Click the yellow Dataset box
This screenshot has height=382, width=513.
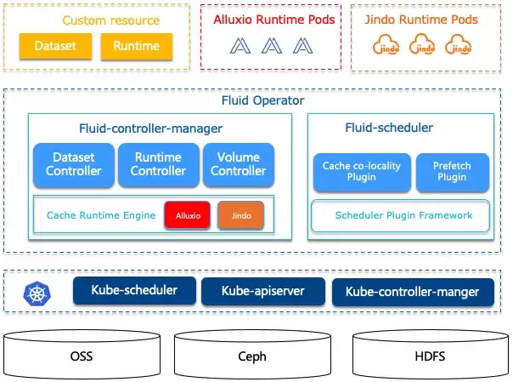(55, 46)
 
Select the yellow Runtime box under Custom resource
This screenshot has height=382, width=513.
(137, 46)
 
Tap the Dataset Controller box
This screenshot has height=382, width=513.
(74, 164)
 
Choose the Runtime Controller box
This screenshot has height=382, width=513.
(158, 164)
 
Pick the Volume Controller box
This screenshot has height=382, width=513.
(239, 164)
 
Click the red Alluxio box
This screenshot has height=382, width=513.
(188, 215)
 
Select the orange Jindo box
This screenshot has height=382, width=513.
(241, 215)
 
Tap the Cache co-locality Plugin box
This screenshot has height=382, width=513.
(362, 172)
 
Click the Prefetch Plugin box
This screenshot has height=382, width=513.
(452, 172)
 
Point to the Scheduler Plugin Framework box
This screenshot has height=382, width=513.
(400, 215)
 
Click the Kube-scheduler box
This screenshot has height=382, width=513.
(134, 291)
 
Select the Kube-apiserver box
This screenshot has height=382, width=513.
(263, 291)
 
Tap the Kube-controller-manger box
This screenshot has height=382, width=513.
(413, 292)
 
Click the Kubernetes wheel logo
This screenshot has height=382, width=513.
(37, 294)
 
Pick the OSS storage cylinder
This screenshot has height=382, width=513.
(82, 355)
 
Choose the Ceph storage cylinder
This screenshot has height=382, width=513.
(252, 355)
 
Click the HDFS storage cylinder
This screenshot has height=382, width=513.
(431, 355)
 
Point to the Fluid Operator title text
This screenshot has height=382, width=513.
(262, 100)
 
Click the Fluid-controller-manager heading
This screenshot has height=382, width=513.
(151, 128)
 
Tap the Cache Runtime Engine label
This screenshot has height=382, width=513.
(101, 215)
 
